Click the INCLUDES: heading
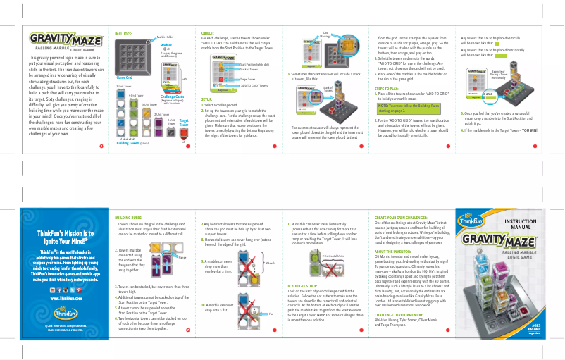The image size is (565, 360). coord(123,33)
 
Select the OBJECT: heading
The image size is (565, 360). coord(208,33)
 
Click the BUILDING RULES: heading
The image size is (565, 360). coord(128,218)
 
